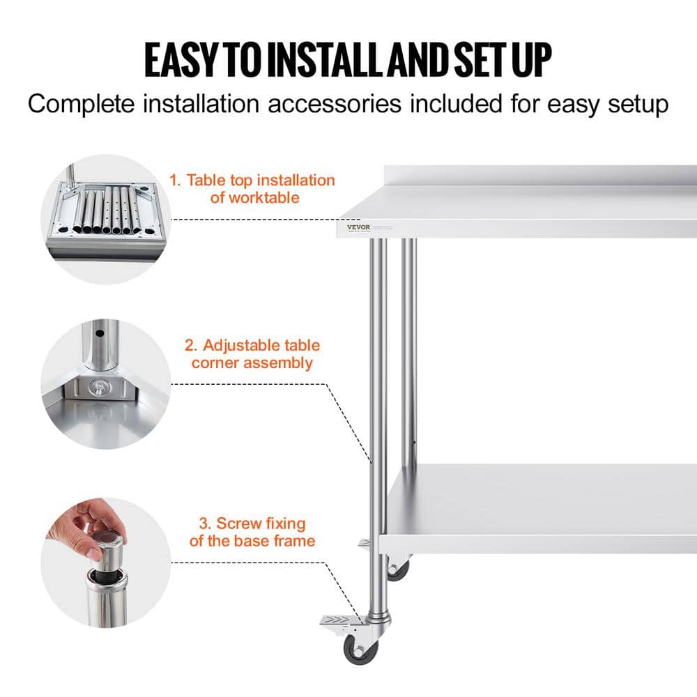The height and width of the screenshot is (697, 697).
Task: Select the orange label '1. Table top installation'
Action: [x=252, y=181]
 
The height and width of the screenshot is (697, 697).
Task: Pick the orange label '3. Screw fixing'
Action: [x=252, y=523]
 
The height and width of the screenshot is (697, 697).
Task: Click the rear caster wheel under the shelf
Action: [x=398, y=570]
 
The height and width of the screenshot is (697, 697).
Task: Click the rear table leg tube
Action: [x=408, y=348]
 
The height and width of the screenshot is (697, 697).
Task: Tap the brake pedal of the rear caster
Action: [x=365, y=542]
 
